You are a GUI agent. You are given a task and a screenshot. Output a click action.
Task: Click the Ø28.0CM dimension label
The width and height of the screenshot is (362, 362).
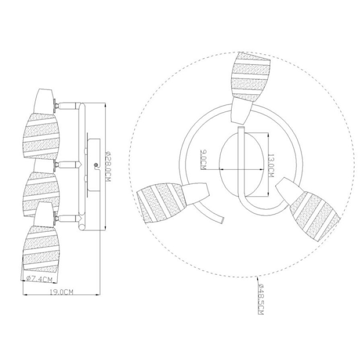(108, 166)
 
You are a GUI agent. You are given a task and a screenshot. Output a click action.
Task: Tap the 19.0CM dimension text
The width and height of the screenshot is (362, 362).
(62, 292)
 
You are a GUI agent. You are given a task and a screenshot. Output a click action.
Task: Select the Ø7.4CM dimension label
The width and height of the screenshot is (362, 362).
(39, 279)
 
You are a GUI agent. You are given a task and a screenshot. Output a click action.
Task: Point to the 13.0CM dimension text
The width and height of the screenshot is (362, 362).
(271, 166)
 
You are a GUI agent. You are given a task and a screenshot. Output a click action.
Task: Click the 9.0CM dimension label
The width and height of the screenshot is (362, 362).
(203, 160)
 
